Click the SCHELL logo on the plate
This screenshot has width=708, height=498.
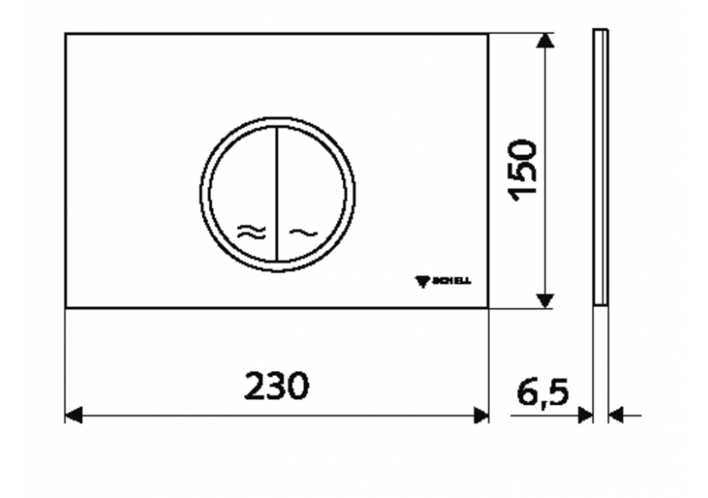(x=443, y=281)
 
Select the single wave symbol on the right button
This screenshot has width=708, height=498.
(x=303, y=232)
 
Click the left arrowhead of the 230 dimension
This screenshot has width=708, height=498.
(x=73, y=415)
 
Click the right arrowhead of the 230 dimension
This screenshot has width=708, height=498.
(x=481, y=415)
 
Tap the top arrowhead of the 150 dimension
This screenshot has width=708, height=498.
(x=545, y=42)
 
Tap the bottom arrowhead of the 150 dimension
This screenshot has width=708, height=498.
(x=545, y=299)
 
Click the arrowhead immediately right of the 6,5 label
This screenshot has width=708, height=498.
(x=585, y=415)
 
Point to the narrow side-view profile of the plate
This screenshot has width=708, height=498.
(x=601, y=166)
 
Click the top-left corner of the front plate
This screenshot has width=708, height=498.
(x=67, y=35)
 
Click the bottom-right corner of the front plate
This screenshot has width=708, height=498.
(x=488, y=306)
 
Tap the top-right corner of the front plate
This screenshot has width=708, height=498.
(x=488, y=35)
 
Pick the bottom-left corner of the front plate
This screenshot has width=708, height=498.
(x=67, y=306)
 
